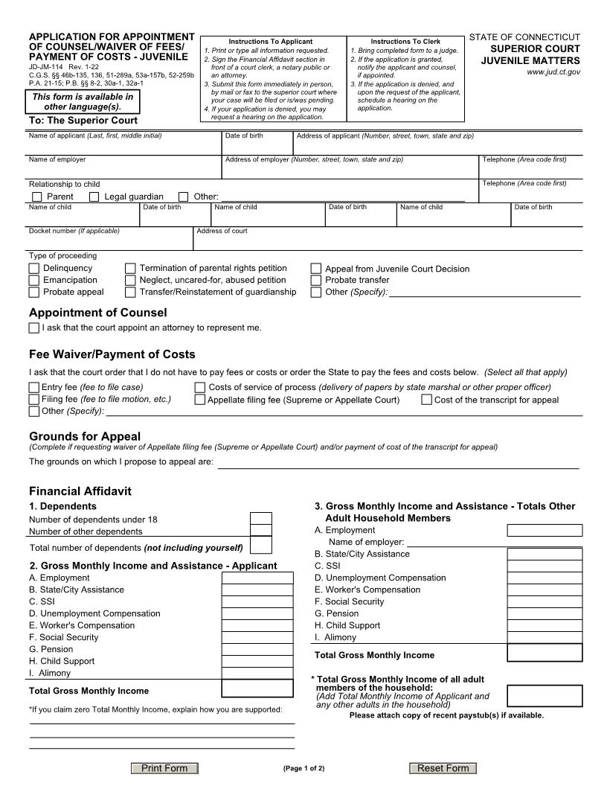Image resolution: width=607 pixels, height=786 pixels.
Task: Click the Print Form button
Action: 164,768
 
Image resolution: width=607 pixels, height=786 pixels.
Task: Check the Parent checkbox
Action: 37,196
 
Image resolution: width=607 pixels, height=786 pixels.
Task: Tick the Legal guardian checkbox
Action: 94,196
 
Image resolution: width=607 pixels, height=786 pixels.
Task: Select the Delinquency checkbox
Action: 34,269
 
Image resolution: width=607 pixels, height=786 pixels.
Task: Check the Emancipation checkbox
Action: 34,281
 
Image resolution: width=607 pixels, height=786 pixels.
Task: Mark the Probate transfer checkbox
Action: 316,281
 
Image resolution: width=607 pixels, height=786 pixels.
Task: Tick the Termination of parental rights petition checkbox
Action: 130,269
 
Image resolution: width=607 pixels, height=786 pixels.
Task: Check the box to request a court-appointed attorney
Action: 34,328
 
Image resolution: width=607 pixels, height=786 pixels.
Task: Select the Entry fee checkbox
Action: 34,388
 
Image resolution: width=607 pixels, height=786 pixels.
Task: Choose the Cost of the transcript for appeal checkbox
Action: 427,400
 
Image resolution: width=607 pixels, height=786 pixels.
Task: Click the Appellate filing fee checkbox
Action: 200,400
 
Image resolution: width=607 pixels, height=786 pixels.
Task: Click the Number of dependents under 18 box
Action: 261,519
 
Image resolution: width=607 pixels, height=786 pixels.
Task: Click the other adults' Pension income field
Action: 534,613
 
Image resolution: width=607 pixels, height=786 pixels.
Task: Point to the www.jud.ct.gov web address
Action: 553,72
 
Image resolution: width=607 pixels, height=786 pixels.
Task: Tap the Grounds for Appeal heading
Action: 85,436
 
